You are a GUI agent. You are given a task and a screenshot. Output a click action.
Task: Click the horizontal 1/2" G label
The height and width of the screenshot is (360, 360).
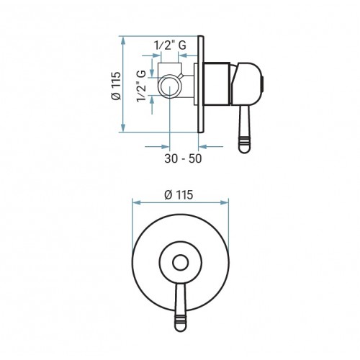(170, 45)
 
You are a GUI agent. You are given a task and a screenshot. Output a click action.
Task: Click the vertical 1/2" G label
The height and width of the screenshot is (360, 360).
(141, 86)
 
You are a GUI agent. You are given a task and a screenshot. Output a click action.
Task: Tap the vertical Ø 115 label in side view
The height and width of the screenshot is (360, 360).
(116, 86)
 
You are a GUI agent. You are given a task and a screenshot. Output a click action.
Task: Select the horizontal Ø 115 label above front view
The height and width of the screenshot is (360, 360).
(179, 195)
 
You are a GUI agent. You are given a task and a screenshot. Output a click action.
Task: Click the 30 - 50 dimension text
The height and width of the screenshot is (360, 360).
(183, 158)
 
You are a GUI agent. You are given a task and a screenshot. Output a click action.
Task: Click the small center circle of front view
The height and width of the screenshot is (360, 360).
(180, 263)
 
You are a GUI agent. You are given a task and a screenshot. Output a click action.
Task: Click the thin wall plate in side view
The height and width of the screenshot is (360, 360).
(201, 84)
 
